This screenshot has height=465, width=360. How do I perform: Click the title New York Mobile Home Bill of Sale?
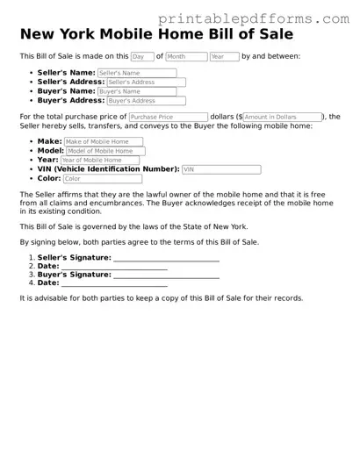156,34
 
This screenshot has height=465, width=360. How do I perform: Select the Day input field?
142,56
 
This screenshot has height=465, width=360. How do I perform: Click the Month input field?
186,56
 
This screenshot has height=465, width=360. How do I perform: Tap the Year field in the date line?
224,56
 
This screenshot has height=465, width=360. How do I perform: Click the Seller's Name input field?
137,73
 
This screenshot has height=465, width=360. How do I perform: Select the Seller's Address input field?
146,82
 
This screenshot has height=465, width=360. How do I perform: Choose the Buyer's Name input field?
136,91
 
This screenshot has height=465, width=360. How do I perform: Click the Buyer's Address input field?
145,100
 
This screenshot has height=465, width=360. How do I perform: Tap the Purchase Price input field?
168,117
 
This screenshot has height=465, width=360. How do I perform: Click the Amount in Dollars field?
281,117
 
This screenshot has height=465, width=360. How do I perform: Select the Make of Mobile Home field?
103,141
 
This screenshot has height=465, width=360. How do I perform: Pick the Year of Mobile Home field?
98,160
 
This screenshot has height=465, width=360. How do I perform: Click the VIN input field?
221,169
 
